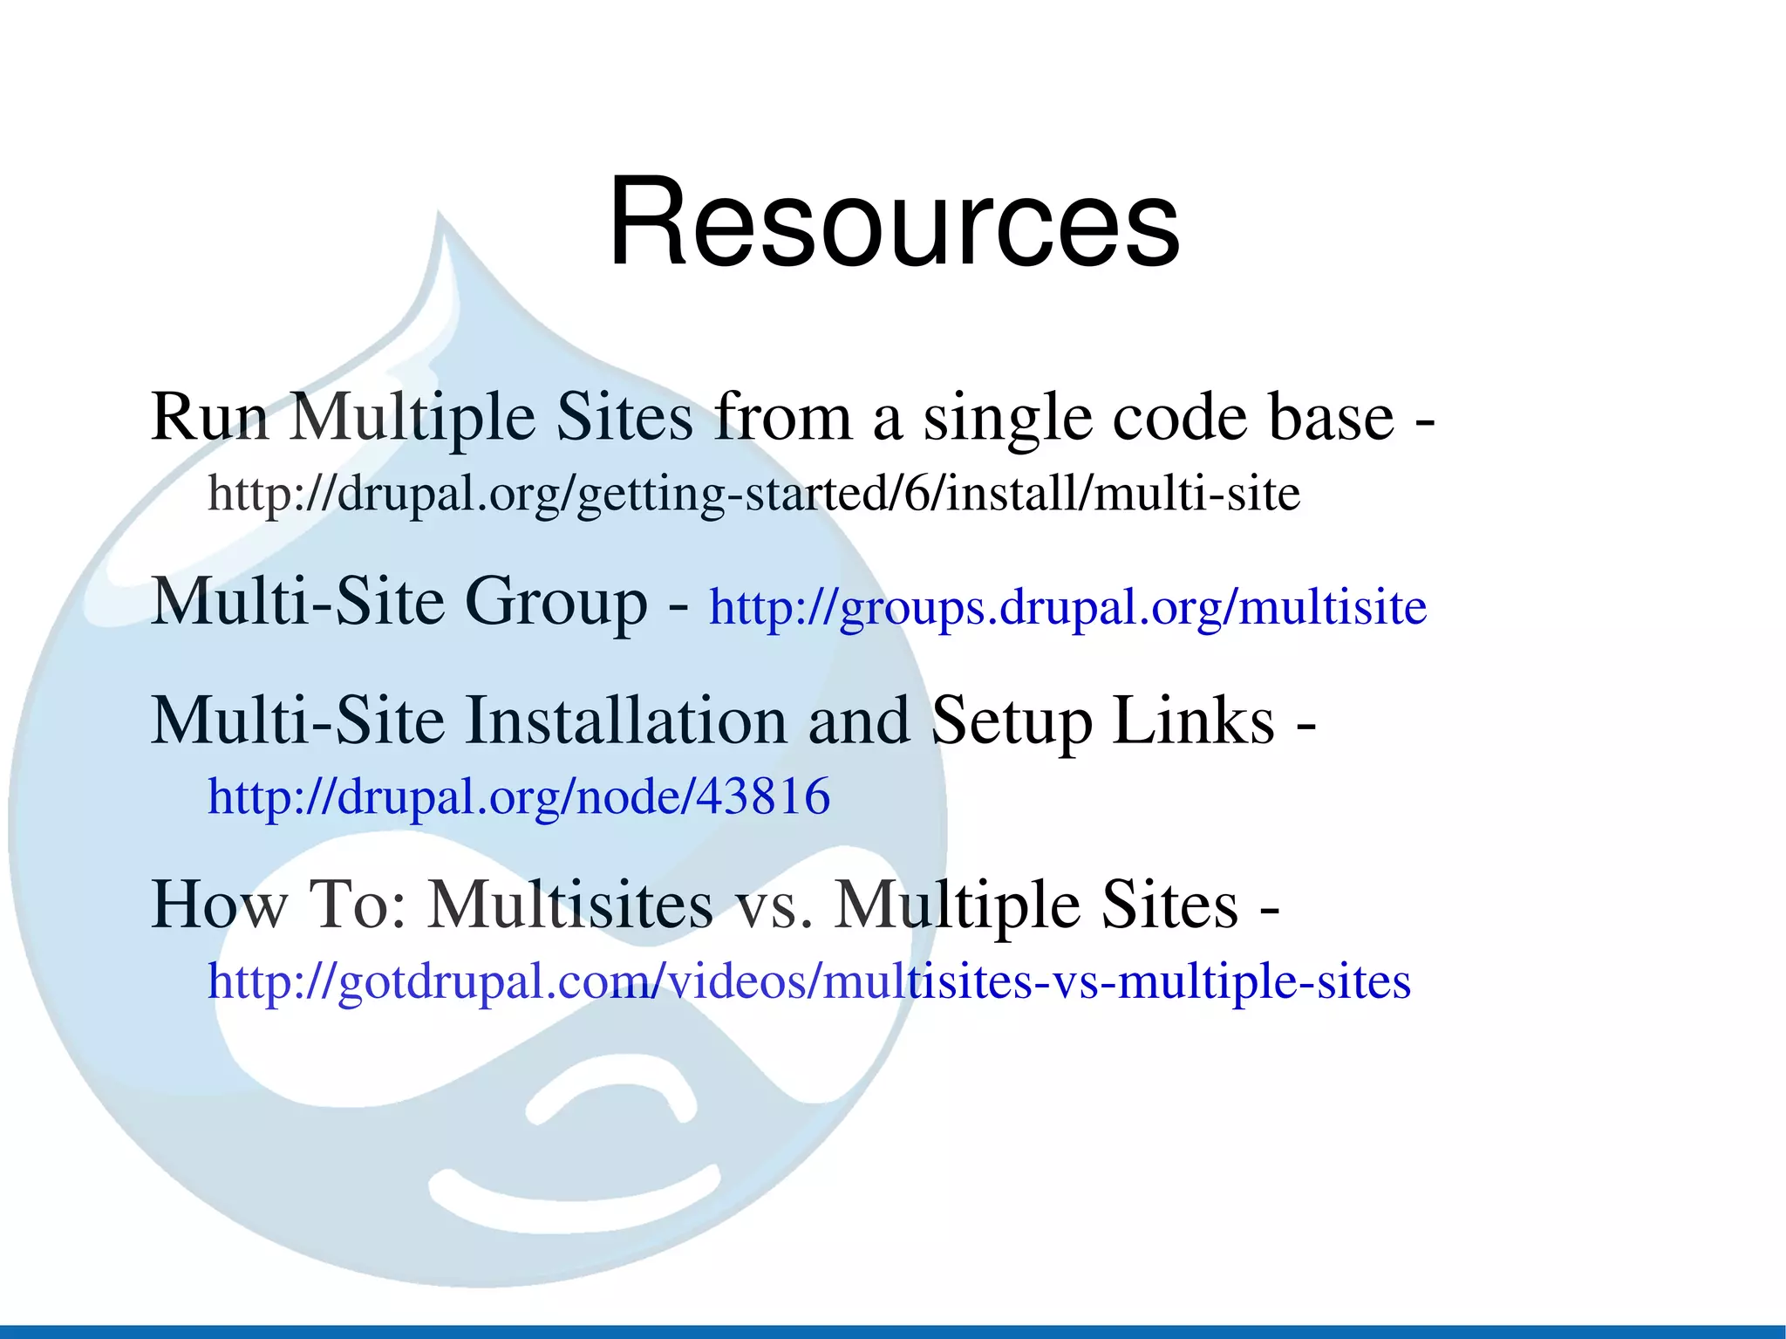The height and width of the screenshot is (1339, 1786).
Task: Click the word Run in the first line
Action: click(x=209, y=417)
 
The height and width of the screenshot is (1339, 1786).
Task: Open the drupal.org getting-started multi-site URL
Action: click(x=753, y=494)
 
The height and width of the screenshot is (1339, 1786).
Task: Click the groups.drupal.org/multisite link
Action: click(x=1067, y=607)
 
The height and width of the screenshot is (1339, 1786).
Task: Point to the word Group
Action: click(x=556, y=602)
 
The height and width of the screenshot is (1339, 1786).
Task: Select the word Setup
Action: click(x=1012, y=722)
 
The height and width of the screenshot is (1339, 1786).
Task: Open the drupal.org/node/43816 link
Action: click(x=519, y=796)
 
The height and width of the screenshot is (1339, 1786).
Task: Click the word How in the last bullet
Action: click(x=219, y=905)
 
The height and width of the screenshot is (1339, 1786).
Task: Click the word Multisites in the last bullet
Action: click(x=570, y=905)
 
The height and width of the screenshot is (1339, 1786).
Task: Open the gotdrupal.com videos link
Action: click(x=808, y=981)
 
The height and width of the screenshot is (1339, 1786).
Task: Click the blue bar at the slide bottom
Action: click(x=893, y=1331)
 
